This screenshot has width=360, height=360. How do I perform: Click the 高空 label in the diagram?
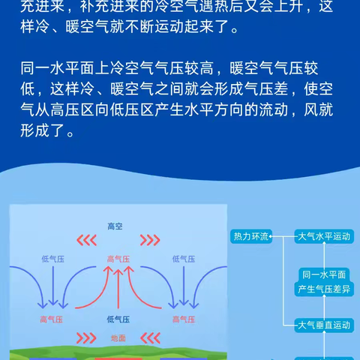coord(115,226)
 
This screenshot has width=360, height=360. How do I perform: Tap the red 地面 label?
coord(118,337)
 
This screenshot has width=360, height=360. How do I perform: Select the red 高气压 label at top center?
coord(118,259)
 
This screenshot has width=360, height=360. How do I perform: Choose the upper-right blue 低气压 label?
coord(183,259)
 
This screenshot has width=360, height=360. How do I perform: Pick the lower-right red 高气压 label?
coord(183,319)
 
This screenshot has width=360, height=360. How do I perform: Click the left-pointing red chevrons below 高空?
coord(88,241)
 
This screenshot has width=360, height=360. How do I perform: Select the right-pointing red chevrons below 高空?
coord(150,241)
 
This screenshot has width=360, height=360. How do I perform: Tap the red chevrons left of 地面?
coord(88,337)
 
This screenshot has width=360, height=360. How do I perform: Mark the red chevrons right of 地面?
coord(150,337)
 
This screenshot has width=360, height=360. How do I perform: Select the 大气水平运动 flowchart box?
coord(323,237)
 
